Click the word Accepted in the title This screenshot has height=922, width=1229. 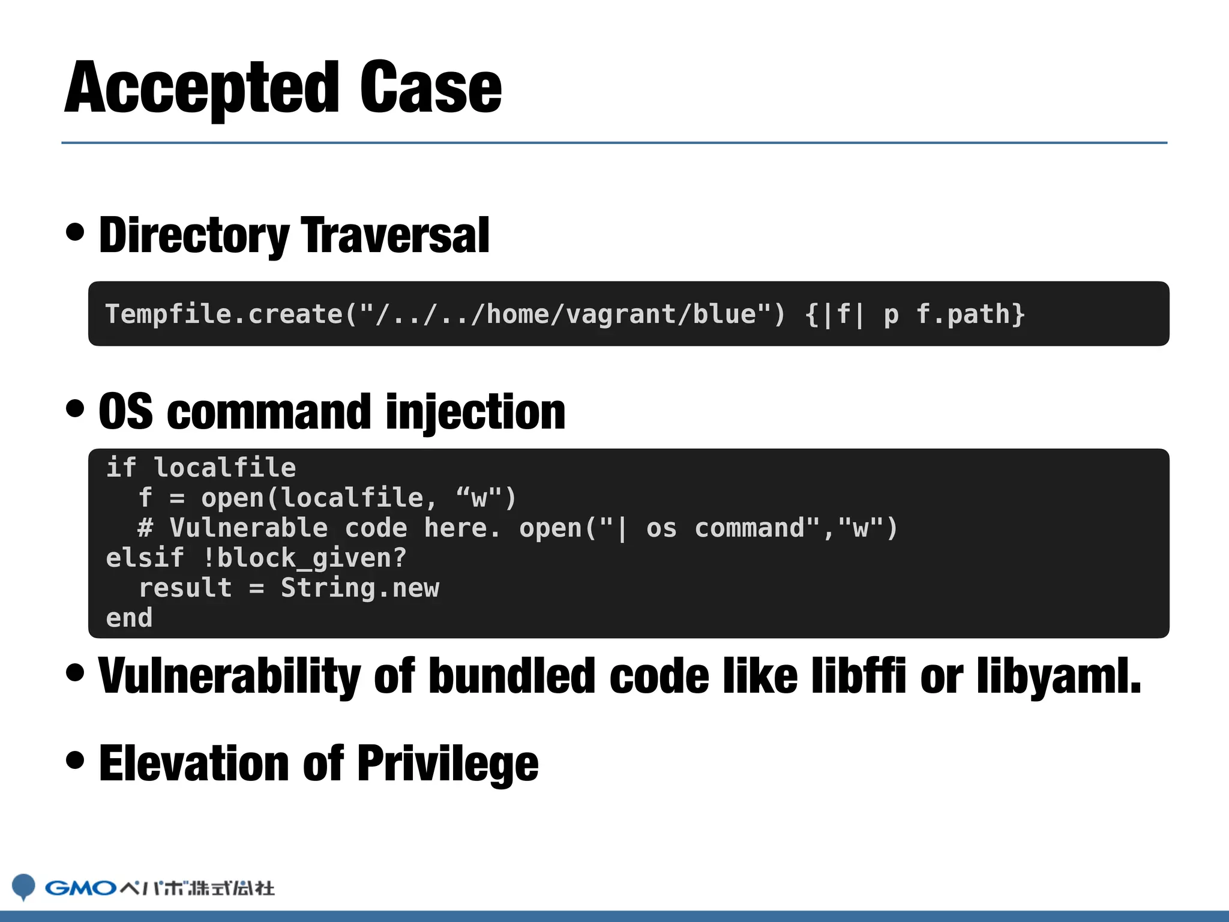202,89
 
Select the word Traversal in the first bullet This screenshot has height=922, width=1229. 395,235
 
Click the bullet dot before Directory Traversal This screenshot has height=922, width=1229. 76,232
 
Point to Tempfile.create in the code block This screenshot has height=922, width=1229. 223,314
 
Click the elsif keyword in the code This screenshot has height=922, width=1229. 145,558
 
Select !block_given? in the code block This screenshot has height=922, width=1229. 305,558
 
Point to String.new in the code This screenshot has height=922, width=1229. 359,588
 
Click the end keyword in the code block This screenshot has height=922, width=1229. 129,618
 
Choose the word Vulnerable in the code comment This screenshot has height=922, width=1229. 248,528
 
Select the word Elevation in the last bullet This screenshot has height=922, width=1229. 194,764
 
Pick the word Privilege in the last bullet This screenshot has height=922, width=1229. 448,764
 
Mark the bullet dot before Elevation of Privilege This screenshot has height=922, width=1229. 76,760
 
